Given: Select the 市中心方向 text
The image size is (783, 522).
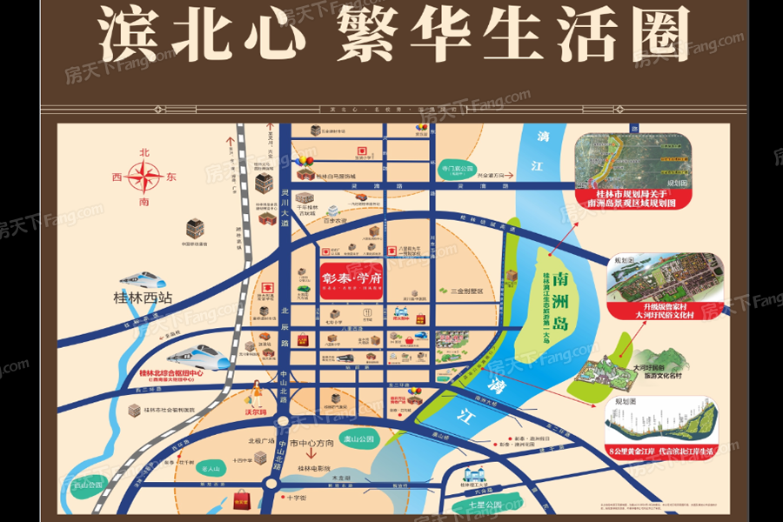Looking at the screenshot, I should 312,444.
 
